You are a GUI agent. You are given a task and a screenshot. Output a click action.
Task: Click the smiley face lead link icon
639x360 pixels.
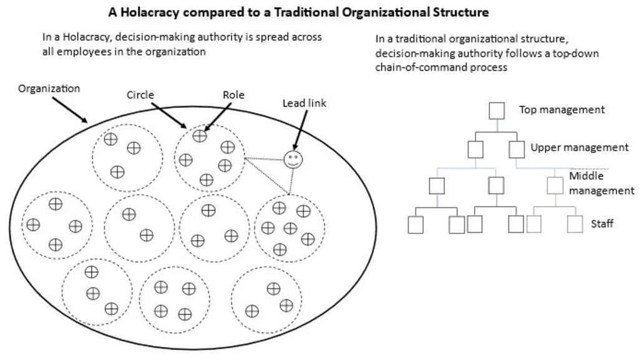pos(293,160)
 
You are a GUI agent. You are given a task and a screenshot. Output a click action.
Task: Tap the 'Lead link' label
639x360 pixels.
pos(304,104)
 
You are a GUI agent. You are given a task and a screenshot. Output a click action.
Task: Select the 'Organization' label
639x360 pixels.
pos(49,89)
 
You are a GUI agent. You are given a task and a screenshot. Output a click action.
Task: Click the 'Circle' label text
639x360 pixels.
pos(140,95)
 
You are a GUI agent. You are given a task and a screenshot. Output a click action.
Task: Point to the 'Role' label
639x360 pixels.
pos(233,95)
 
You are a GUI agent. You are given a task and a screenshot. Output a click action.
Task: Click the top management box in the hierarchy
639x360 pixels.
pos(496,110)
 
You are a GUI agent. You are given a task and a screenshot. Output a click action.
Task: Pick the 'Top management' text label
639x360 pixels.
pos(562,110)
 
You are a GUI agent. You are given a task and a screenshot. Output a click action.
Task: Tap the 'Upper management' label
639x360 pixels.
pos(579,148)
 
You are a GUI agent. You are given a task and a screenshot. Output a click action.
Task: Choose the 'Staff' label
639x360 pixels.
pos(602,223)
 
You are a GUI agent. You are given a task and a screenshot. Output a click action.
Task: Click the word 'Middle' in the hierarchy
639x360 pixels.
pos(586,176)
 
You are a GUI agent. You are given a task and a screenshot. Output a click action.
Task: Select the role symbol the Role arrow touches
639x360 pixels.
pos(200,136)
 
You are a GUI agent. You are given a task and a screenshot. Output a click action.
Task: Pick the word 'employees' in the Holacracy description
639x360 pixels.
pos(82,52)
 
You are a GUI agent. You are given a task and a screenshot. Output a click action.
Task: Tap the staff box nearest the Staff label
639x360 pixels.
pos(575,224)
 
